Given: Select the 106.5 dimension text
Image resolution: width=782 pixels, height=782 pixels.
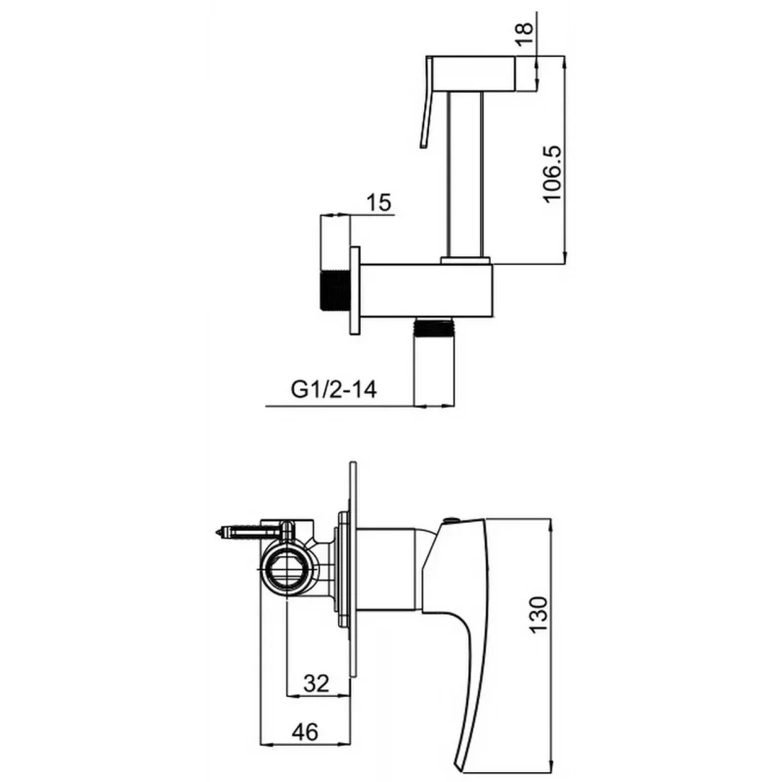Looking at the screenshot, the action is tap(551, 174).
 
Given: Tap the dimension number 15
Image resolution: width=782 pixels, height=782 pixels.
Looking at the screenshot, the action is tap(378, 203).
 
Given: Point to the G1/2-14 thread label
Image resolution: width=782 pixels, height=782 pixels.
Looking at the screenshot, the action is tap(333, 389).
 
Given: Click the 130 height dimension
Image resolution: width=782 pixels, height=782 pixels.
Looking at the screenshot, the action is tap(538, 615).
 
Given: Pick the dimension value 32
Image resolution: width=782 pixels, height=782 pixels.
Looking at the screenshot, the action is tap(316, 683).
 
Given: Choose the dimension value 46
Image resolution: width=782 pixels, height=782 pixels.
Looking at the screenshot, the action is tap(305, 732).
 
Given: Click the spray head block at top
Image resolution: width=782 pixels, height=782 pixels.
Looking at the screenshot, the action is tap(471, 74).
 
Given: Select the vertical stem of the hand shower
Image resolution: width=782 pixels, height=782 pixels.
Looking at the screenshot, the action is tap(466, 175).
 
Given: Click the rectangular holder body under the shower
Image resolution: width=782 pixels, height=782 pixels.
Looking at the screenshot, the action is tap(426, 290).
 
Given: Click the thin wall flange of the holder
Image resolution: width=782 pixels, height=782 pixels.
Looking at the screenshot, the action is tap(355, 290).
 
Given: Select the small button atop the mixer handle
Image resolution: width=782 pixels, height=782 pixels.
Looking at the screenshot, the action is tap(450, 520).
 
